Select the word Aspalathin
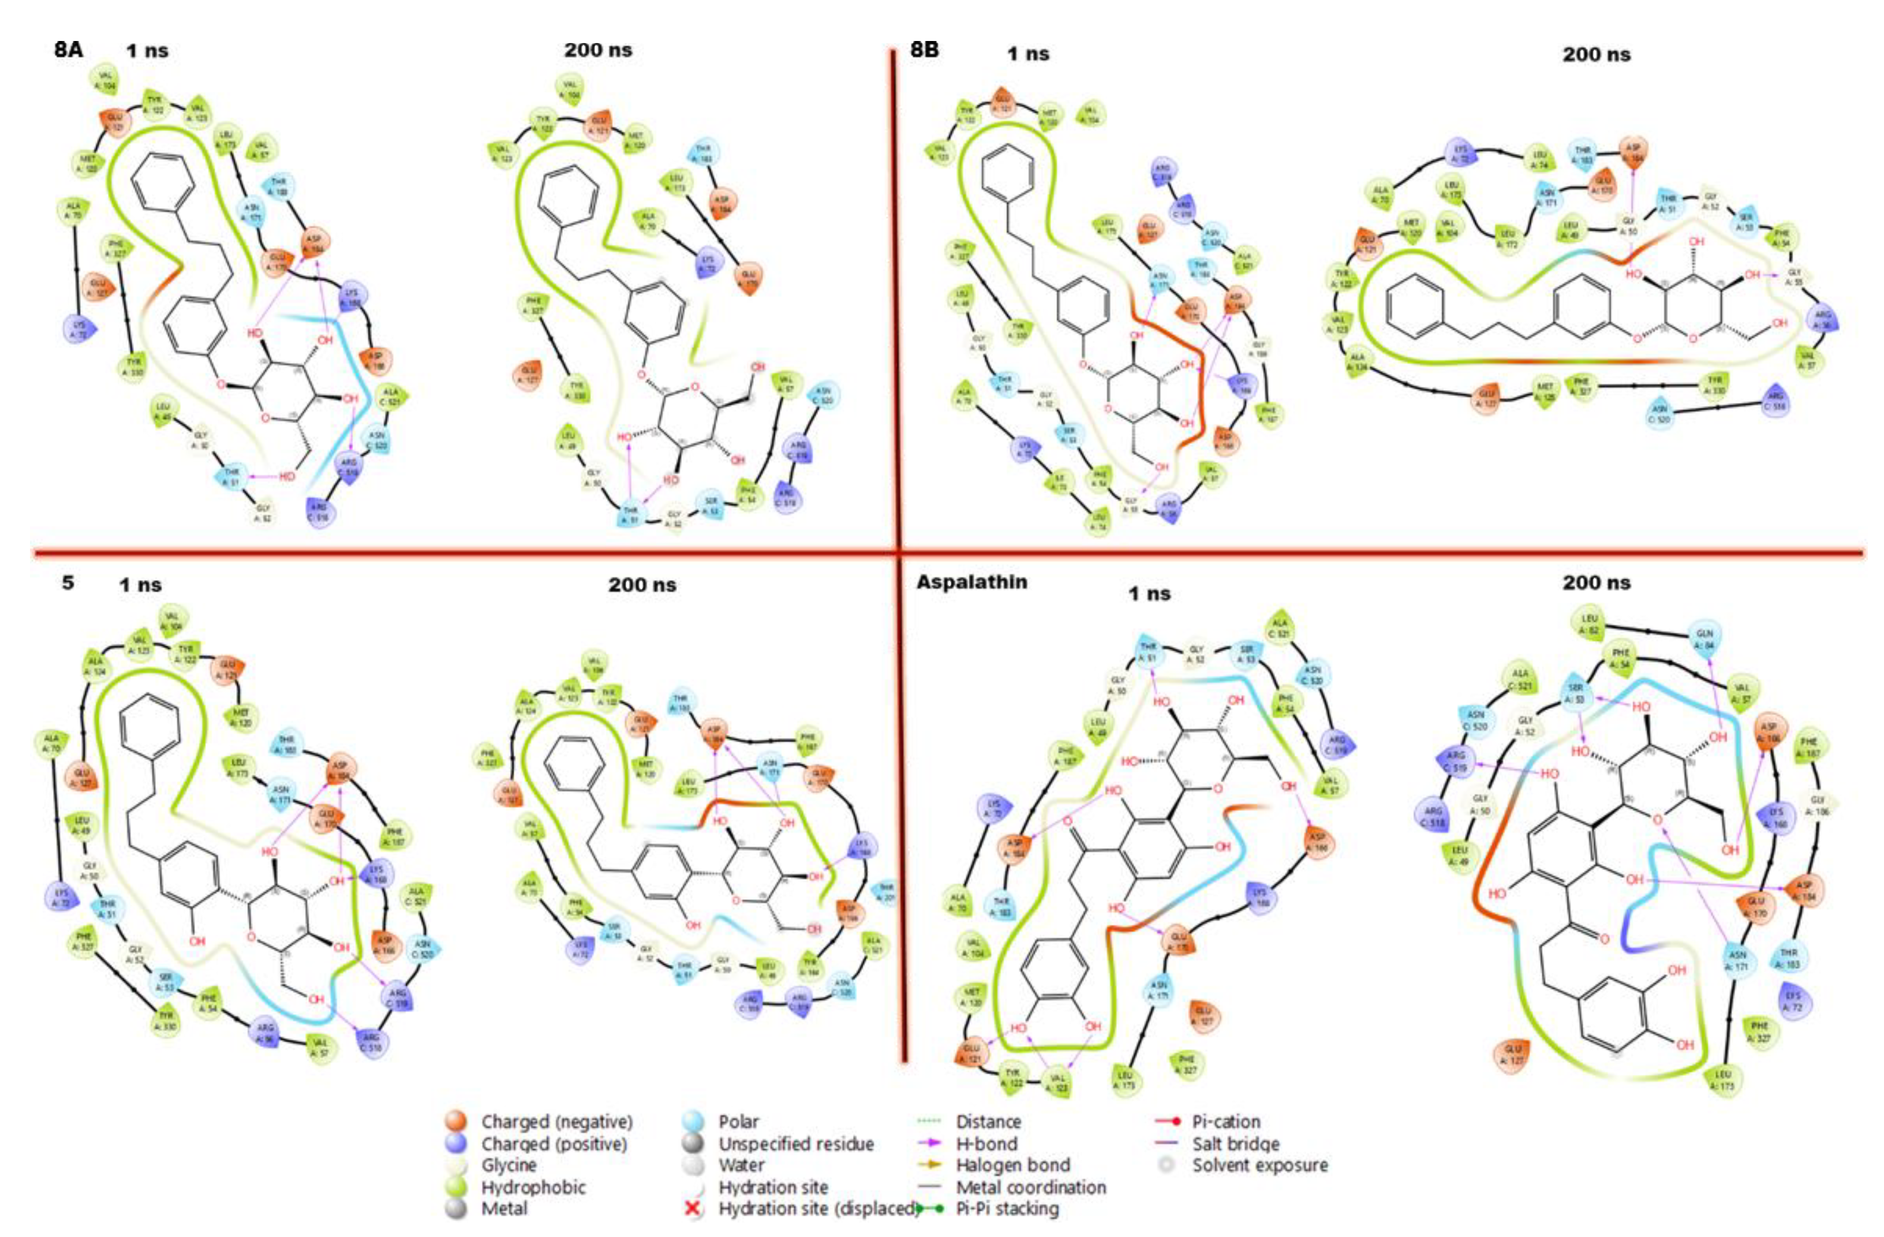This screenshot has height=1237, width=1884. click(x=971, y=582)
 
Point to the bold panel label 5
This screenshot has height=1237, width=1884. click(x=68, y=582)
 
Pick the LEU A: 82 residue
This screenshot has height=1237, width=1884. click(x=1590, y=623)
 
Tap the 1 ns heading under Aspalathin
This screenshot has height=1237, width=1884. click(x=1149, y=593)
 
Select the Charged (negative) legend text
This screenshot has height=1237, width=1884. click(x=556, y=1122)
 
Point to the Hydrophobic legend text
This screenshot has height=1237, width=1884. click(x=533, y=1187)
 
